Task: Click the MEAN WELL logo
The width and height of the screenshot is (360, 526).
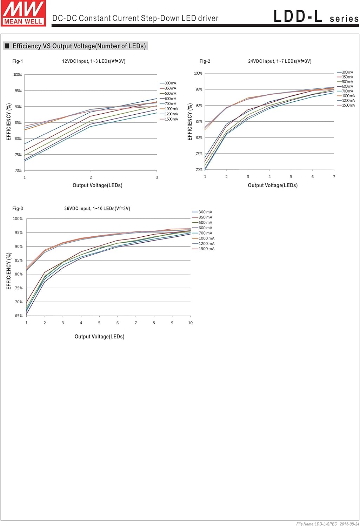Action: [24, 13]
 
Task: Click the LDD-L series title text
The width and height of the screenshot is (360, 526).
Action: [316, 17]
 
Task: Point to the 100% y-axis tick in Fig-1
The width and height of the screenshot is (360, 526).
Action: [18, 75]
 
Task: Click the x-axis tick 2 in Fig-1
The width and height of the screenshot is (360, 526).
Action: [91, 177]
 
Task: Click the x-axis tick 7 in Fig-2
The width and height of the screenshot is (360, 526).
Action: [334, 177]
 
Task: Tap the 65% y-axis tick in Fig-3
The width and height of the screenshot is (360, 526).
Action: [19, 316]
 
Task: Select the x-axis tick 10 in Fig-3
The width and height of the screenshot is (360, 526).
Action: [190, 323]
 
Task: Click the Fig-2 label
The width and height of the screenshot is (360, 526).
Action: [205, 61]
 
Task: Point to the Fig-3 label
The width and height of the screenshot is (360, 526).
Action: [18, 209]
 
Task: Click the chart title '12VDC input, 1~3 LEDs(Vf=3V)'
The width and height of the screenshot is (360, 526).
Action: [94, 61]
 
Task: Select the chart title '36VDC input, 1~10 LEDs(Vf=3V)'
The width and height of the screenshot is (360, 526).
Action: [97, 209]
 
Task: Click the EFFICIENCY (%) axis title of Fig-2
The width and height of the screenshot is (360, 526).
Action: [190, 122]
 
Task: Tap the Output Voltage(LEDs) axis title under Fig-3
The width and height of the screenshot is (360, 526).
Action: [99, 337]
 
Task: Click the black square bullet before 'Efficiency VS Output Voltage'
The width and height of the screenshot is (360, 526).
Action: [7, 46]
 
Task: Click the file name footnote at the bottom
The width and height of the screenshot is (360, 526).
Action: [327, 524]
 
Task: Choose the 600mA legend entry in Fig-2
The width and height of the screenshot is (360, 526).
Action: [347, 87]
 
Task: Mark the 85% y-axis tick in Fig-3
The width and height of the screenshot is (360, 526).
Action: [19, 261]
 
